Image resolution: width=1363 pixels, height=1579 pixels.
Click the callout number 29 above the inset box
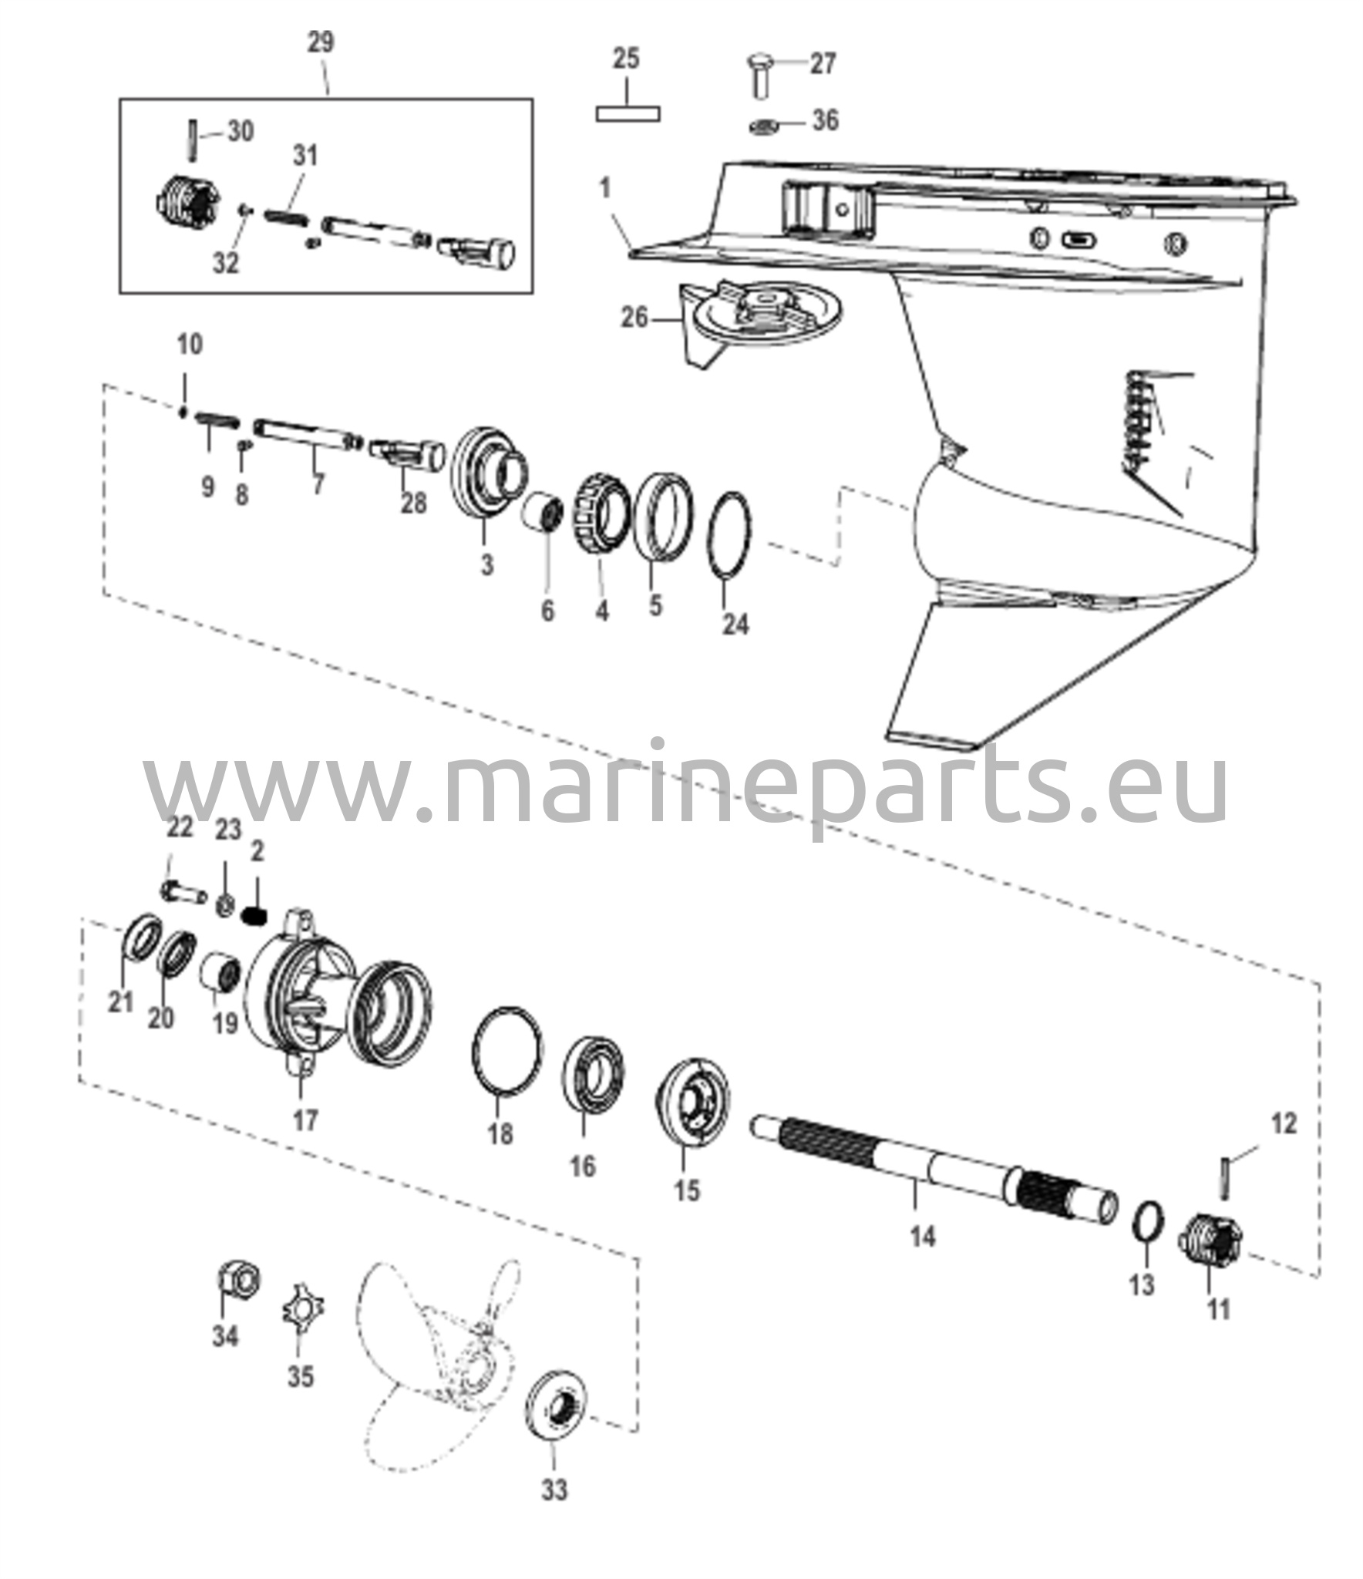click(x=321, y=42)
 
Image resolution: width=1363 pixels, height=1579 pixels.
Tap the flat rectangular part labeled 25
click(x=628, y=113)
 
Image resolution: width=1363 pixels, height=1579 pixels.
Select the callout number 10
click(x=190, y=344)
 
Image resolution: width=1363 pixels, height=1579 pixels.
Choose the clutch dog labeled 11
click(x=1209, y=1248)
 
